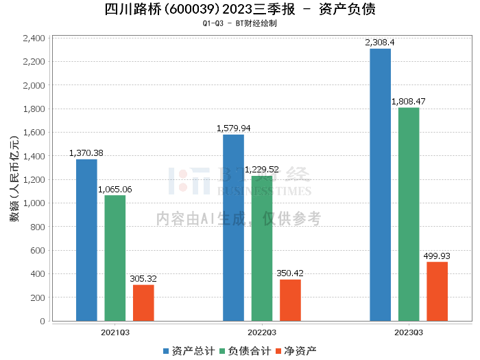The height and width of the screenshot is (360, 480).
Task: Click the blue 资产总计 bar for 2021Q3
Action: pyautogui.click(x=86, y=240)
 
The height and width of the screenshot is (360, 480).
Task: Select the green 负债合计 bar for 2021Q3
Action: pyautogui.click(x=115, y=258)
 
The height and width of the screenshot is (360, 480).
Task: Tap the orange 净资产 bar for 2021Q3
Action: pyautogui.click(x=143, y=302)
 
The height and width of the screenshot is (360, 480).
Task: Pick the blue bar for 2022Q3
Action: pyautogui.click(x=233, y=227)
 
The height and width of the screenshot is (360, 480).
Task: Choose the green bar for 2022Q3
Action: pyautogui.click(x=262, y=248)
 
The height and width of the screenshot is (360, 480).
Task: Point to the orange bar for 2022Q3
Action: pyautogui.click(x=290, y=300)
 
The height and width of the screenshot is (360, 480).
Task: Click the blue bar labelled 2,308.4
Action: pyautogui.click(x=380, y=185)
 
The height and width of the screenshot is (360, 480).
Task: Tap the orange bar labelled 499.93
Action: pyautogui.click(x=437, y=291)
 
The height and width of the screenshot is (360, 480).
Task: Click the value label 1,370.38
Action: pyautogui.click(x=86, y=153)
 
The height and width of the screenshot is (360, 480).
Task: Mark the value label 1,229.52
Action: pyautogui.click(x=263, y=169)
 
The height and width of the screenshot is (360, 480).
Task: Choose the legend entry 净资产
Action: pyautogui.click(x=296, y=351)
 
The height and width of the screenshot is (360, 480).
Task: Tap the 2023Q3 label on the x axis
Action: pyautogui.click(x=409, y=331)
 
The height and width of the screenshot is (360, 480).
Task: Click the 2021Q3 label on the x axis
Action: pyautogui.click(x=115, y=331)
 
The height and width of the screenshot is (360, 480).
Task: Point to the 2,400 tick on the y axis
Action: pyautogui.click(x=34, y=38)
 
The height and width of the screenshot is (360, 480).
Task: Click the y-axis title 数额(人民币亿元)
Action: pyautogui.click(x=14, y=179)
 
